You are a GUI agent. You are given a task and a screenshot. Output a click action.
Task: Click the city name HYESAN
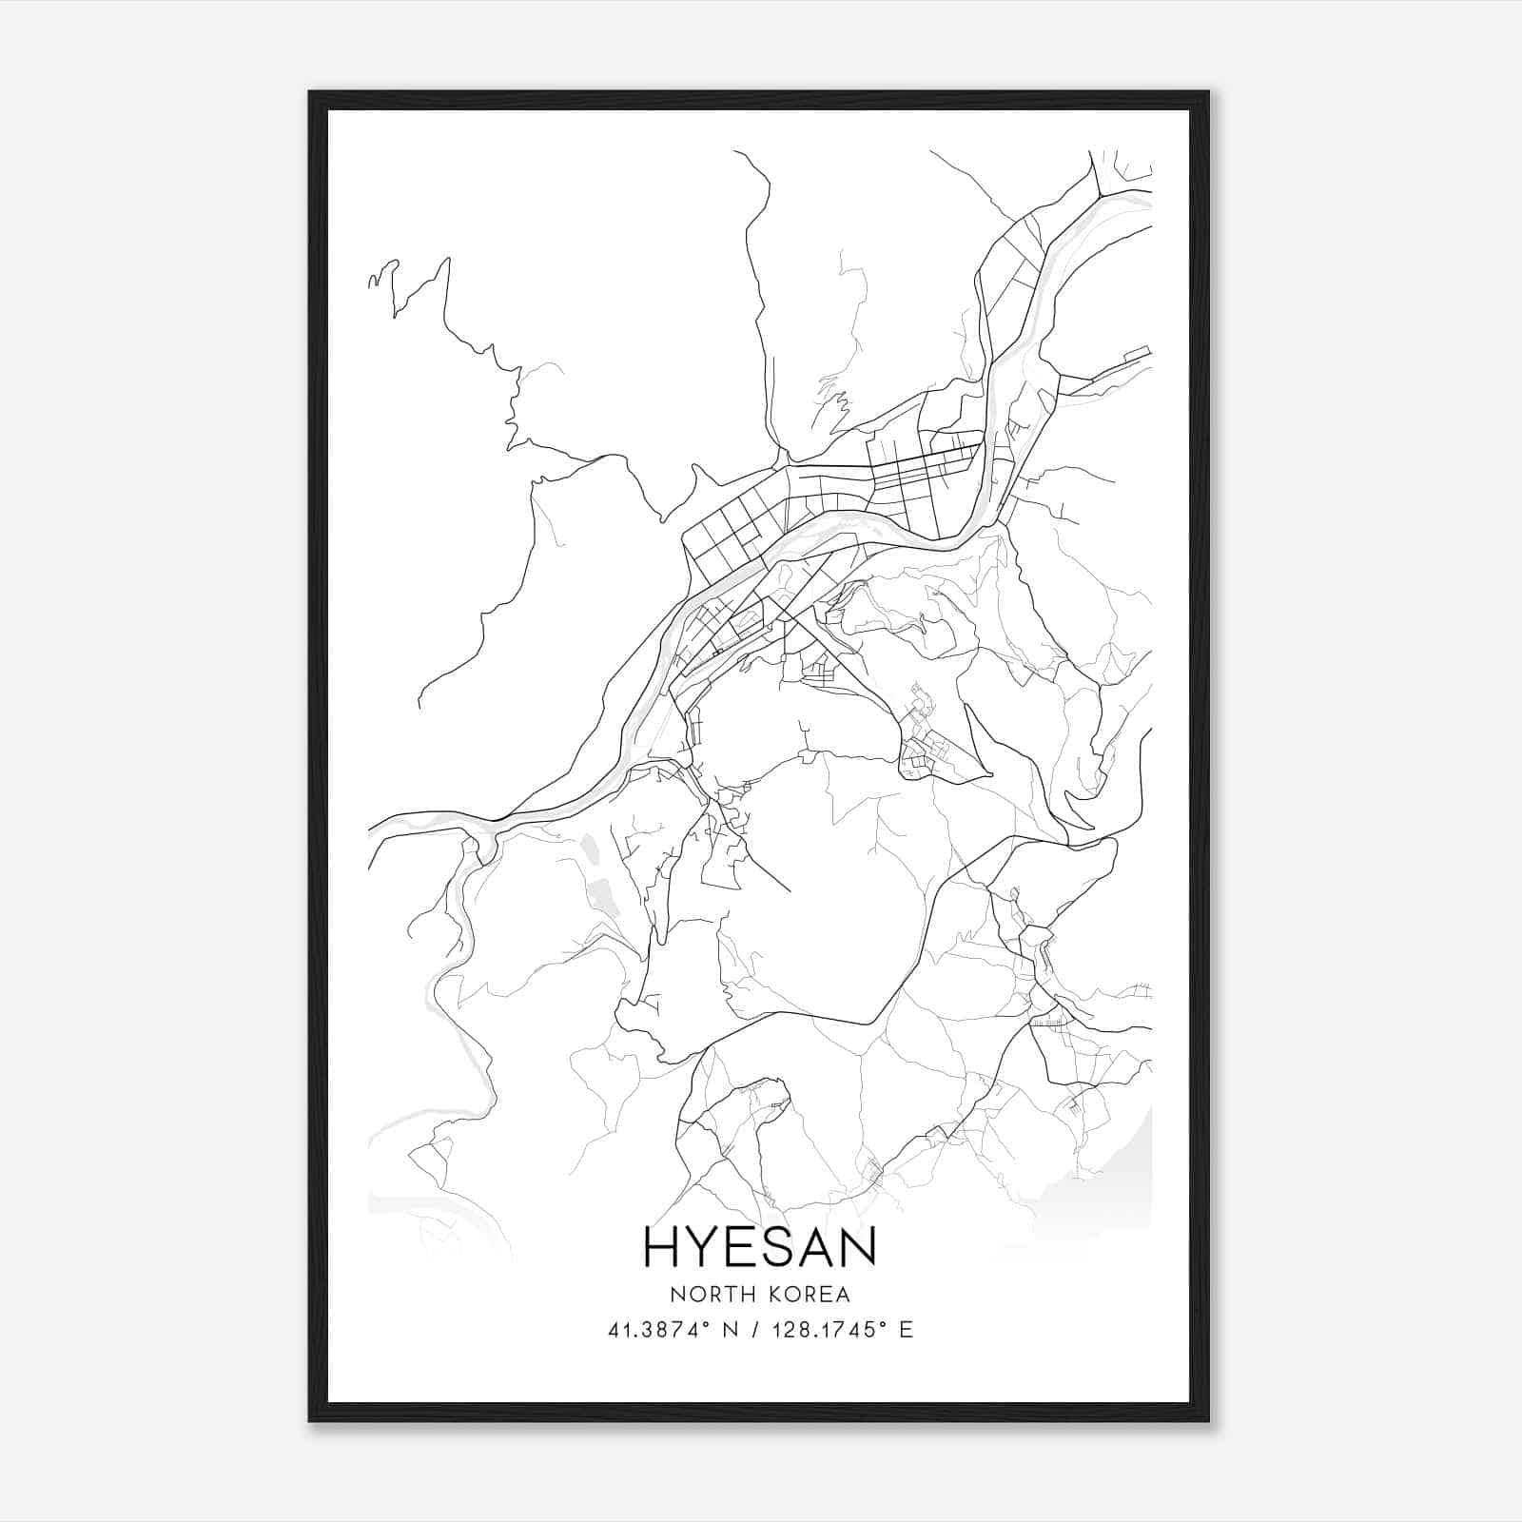coord(760,1247)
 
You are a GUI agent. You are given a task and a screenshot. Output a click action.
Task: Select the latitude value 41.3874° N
coord(673,1330)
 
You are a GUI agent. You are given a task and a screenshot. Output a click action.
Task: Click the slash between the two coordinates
coord(757,1330)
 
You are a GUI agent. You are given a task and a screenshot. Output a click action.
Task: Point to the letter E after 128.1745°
coord(907,1330)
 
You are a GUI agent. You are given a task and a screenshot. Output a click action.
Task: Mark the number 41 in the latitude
coord(616,1330)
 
